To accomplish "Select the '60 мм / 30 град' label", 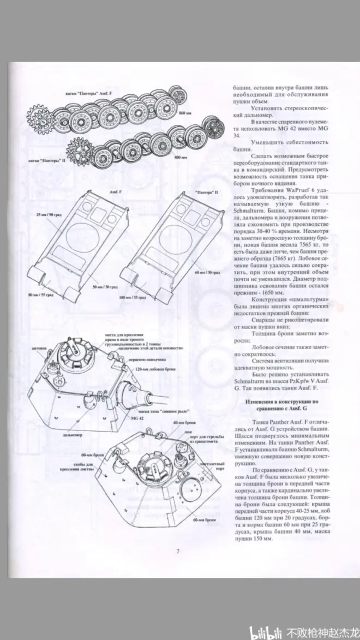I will pos(209,271).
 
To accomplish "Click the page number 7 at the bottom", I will pos(178,551).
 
